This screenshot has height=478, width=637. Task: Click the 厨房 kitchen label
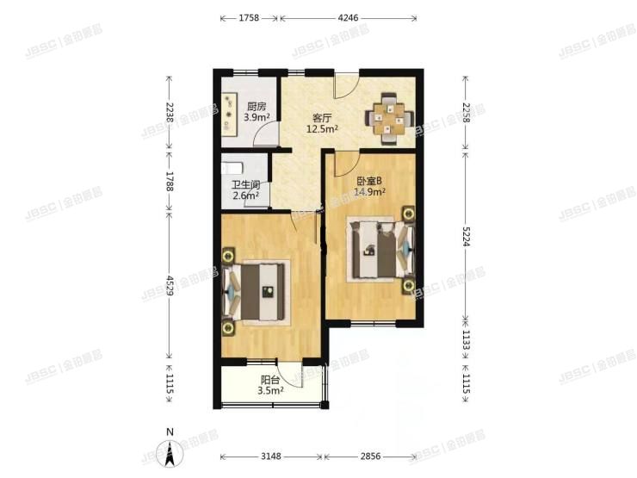(256, 107)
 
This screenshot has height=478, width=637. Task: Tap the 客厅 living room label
(321, 118)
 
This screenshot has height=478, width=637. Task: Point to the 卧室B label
(372, 181)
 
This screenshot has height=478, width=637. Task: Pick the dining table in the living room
(391, 116)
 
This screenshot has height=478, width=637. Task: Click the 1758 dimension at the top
(250, 16)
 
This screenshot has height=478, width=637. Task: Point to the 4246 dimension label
(349, 16)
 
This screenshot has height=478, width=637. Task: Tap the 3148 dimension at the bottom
(273, 456)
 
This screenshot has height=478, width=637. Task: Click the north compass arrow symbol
(170, 450)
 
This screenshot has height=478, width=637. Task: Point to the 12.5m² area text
(322, 129)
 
